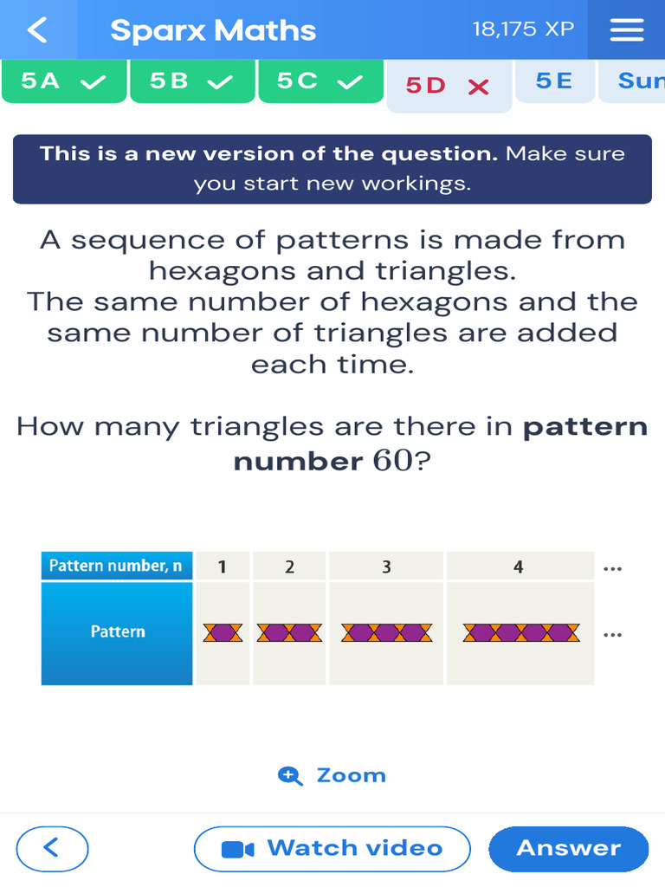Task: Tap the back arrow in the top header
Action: click(37, 29)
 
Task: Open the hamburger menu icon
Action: click(627, 29)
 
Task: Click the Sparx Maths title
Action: click(213, 30)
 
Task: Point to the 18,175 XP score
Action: click(523, 29)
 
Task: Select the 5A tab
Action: click(64, 81)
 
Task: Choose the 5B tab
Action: click(192, 81)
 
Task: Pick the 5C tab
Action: click(320, 81)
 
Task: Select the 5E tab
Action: click(554, 81)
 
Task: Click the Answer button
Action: click(568, 848)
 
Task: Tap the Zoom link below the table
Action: click(333, 775)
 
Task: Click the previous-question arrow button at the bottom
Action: click(52, 847)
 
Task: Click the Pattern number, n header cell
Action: click(116, 567)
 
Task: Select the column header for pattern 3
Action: click(386, 567)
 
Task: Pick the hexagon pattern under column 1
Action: click(223, 632)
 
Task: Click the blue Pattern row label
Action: click(118, 632)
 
